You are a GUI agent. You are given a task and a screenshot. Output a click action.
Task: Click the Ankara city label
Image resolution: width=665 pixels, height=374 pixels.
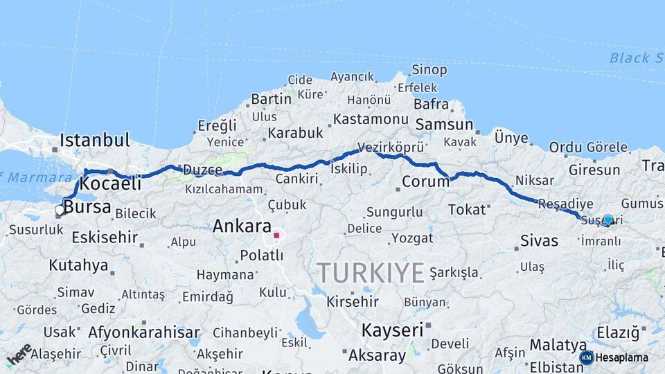click(242, 226)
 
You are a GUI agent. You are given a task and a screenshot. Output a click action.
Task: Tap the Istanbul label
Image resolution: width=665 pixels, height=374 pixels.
click(94, 140)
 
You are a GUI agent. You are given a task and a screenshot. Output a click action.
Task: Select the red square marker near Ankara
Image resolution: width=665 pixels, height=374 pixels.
click(276, 235)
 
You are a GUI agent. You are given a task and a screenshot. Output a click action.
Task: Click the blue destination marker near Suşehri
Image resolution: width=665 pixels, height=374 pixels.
click(608, 220)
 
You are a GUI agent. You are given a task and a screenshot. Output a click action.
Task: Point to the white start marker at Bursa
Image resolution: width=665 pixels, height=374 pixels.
click(60, 210)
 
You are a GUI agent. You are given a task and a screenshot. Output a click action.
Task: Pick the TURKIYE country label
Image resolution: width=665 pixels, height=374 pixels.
click(371, 273)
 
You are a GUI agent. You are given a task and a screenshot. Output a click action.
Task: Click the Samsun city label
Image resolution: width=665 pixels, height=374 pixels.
click(444, 125)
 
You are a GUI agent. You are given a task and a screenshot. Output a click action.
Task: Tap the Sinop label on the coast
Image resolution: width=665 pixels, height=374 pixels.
click(429, 69)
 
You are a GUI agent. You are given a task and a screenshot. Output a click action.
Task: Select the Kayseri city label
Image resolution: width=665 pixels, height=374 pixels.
click(391, 330)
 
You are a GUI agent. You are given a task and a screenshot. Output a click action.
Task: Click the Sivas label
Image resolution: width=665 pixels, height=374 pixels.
click(539, 241)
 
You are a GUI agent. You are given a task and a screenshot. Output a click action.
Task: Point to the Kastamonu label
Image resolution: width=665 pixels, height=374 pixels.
click(371, 119)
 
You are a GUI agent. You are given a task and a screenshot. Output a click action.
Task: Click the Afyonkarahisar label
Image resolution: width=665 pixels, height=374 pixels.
click(143, 332)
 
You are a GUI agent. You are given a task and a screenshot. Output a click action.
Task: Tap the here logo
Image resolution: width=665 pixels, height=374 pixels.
click(19, 354)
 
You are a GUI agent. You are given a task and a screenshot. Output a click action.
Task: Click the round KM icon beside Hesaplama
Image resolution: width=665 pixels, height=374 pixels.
click(586, 357)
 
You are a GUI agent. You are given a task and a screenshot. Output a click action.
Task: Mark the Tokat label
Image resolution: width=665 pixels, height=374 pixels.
click(467, 209)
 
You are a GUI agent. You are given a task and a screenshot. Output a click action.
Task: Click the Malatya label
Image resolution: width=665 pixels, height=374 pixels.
click(558, 344)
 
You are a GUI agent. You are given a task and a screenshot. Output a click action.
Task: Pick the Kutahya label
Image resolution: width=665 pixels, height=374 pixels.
click(78, 265)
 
